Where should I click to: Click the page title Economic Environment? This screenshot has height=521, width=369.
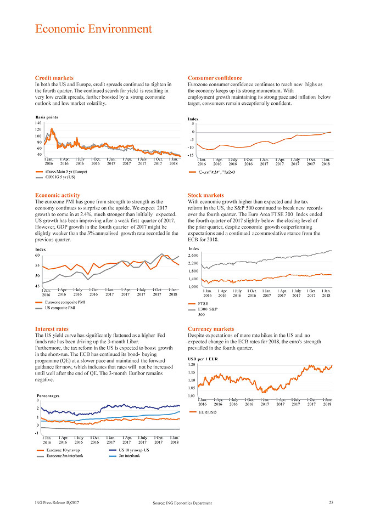[93, 29]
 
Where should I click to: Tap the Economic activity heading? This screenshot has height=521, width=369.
[57, 195]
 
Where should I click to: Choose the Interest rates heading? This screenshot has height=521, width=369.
[52, 329]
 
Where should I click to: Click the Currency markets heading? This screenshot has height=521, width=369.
[211, 329]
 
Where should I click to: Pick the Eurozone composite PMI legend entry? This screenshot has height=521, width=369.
[64, 302]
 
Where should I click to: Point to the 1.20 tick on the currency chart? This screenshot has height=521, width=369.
[192, 365]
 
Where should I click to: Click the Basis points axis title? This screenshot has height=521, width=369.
[47, 117]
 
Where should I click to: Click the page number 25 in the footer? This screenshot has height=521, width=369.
[331, 502]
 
